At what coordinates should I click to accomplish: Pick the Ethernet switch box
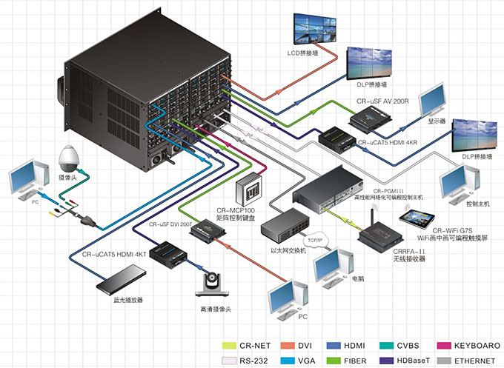[285, 221]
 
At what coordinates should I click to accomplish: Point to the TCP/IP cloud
[317, 240]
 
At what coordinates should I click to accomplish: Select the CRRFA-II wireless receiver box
[379, 236]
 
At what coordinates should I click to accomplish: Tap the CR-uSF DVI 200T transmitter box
[207, 232]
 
